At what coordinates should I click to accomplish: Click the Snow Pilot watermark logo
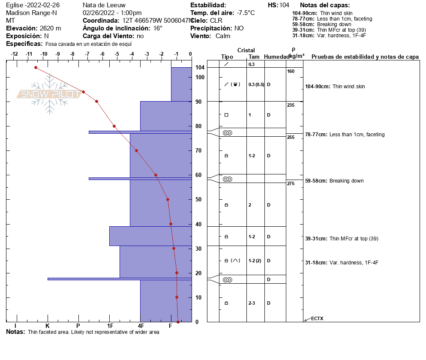pyautogui.click(x=49, y=94)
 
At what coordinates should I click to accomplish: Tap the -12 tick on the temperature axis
pyautogui.click(x=14, y=54)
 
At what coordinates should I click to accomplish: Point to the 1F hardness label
pyautogui.click(x=110, y=326)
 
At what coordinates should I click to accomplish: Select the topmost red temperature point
pyautogui.click(x=36, y=67)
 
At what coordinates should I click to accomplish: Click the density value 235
pyautogui.click(x=291, y=105)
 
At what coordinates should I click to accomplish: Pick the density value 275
pyautogui.click(x=291, y=183)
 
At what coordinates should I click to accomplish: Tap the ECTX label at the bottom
pyautogui.click(x=317, y=318)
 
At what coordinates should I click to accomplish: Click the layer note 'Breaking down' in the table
pyautogui.click(x=346, y=181)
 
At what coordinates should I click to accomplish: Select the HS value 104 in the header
pyautogui.click(x=284, y=5)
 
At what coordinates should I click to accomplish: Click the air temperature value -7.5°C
pyautogui.click(x=246, y=13)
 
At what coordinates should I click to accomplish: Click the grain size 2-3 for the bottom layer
pyautogui.click(x=252, y=303)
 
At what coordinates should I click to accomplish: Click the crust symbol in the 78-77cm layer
pyautogui.click(x=227, y=133)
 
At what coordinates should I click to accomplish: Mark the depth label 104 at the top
pyautogui.click(x=200, y=68)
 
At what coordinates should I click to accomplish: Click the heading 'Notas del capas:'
pyautogui.click(x=325, y=5)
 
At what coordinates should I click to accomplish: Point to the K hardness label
pyautogui.click(x=48, y=326)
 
